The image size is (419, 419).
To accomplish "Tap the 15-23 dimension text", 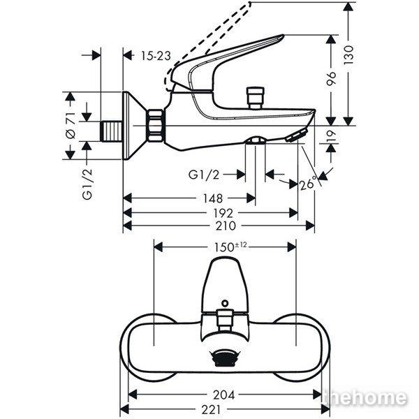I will click(x=155, y=55).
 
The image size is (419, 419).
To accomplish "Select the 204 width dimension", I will click(x=223, y=393).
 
